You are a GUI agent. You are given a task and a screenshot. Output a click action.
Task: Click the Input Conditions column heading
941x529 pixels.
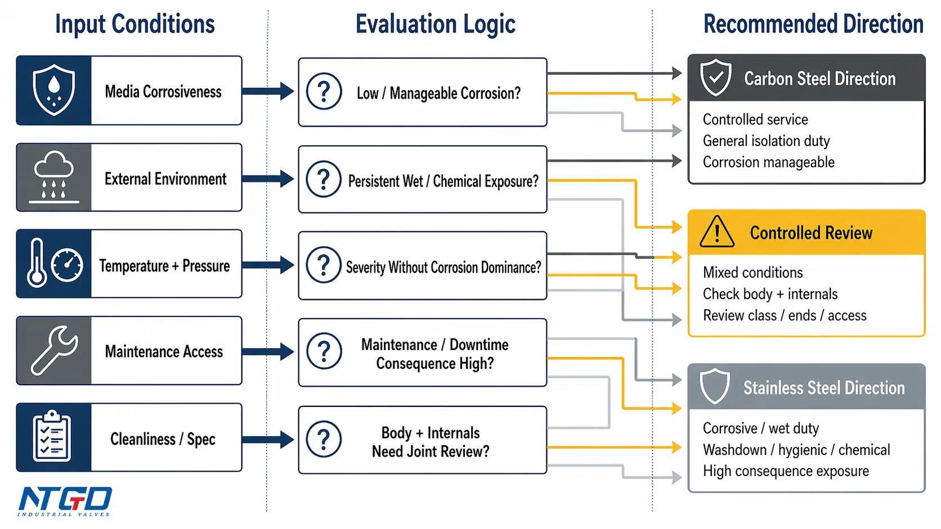(135, 24)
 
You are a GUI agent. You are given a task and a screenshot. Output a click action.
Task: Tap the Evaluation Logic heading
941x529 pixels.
(435, 24)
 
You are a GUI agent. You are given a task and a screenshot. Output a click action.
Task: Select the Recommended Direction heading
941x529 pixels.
(813, 24)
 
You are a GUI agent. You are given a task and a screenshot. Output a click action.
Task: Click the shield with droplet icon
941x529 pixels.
(54, 90)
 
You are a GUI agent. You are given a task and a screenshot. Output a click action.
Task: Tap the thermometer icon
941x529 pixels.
(37, 263)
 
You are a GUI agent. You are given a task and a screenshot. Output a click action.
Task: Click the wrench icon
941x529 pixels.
(55, 350)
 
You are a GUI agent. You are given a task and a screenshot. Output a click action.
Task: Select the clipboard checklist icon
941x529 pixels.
(52, 436)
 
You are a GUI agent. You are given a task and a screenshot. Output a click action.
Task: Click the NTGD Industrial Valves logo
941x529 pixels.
(65, 501)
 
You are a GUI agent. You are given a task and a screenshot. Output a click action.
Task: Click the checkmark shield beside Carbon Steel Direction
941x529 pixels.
(716, 78)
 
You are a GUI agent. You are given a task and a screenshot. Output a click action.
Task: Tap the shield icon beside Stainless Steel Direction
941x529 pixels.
(715, 386)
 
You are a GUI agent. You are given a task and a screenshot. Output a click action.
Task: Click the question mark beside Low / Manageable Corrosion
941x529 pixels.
(324, 92)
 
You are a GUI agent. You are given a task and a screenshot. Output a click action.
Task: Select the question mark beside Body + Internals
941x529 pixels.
(324, 439)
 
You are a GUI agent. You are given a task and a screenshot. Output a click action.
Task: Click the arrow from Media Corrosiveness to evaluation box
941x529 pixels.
(268, 91)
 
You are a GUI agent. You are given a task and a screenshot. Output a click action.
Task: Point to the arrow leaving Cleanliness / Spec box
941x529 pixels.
(268, 439)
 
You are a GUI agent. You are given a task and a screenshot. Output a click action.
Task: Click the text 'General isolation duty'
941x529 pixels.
(766, 141)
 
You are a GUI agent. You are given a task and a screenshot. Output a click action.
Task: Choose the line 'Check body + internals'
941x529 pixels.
(770, 294)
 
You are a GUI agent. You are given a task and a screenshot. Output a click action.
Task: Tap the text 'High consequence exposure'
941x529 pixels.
(786, 471)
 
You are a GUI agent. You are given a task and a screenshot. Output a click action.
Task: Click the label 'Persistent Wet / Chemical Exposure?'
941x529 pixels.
(443, 181)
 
